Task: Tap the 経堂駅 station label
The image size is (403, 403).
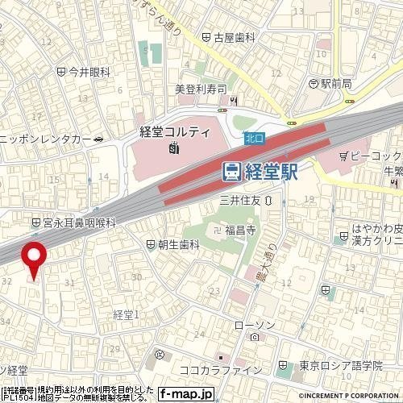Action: tap(271, 171)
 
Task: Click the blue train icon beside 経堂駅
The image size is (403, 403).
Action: tap(231, 171)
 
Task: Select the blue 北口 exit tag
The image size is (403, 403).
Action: tap(254, 138)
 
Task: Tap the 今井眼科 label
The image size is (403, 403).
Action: tap(89, 72)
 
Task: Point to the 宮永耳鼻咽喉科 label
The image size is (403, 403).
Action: tap(79, 221)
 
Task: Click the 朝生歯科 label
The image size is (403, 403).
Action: tap(178, 243)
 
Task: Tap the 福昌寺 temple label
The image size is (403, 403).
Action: tap(240, 231)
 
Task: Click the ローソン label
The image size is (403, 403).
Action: tap(255, 324)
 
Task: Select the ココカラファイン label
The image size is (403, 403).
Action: tap(221, 369)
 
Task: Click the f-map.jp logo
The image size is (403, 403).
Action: tap(186, 394)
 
